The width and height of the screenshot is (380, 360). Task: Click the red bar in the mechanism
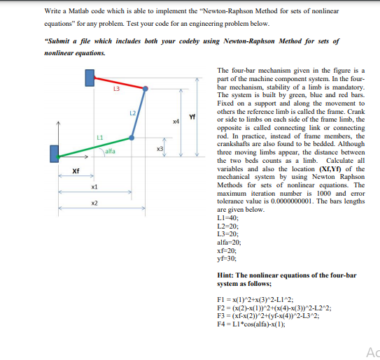[x=120, y=82]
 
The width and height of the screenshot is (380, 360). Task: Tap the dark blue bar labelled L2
[x=139, y=114]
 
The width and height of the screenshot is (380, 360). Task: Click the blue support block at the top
[x=90, y=77]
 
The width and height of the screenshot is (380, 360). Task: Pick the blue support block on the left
[x=54, y=153]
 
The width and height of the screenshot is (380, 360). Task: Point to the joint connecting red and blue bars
[x=147, y=89]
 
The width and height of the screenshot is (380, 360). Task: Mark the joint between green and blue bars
[x=131, y=138]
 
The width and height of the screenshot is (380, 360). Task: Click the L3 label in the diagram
[x=117, y=91]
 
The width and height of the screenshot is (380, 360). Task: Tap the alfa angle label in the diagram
[x=110, y=151]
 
